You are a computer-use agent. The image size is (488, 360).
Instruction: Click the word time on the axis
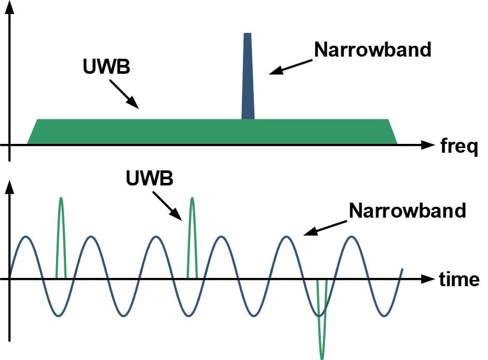click(x=459, y=279)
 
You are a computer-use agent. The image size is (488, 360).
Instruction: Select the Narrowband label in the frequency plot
click(x=373, y=49)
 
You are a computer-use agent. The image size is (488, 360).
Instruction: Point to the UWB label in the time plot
click(x=150, y=178)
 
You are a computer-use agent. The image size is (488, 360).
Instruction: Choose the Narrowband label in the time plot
click(x=408, y=211)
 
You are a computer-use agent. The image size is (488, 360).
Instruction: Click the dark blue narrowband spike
click(x=248, y=78)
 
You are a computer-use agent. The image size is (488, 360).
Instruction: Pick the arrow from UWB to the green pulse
click(x=167, y=206)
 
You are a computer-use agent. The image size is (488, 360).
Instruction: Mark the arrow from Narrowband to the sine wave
click(x=324, y=228)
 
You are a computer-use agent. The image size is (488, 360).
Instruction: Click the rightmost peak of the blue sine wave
click(x=353, y=237)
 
